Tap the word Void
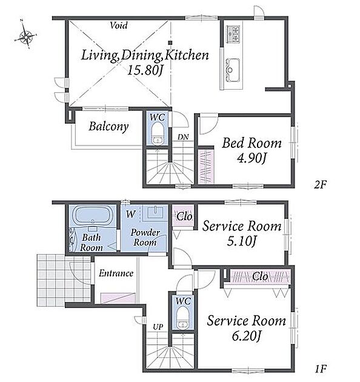coord(119,25)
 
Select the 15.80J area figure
coord(145,71)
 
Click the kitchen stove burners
coord(233,33)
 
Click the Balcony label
coord(108,127)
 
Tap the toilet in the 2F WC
coord(157,134)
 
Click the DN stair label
coord(183,137)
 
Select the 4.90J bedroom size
coord(252,158)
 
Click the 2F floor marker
coord(320,185)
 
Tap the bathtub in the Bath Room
coord(92,216)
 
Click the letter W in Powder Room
coord(130,215)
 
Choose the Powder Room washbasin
coord(155,212)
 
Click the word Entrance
coord(116,273)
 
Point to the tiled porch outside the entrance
coord(64,280)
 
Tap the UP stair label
coord(158,327)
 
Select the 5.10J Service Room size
coord(241,241)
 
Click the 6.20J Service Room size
coord(246,336)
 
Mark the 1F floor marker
coord(320,369)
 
